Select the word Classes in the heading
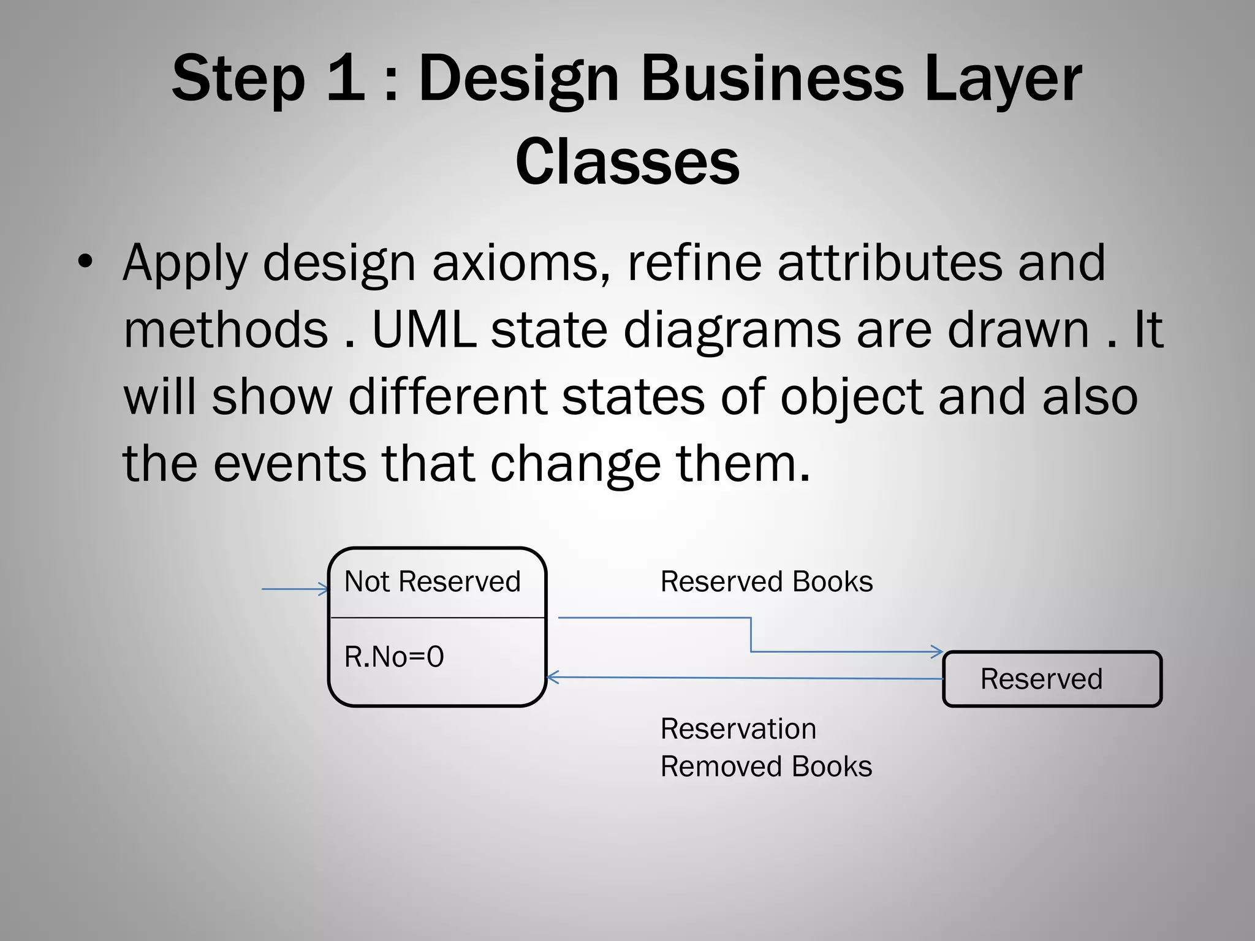[627, 161]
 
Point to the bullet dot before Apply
[85, 262]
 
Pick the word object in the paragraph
[852, 396]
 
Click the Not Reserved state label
[432, 581]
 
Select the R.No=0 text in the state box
[394, 657]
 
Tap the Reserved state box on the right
[1052, 679]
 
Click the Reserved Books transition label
[766, 581]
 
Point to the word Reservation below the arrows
[738, 729]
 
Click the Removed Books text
[766, 766]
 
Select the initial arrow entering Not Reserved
[294, 589]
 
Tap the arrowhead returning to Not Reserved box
[552, 678]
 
